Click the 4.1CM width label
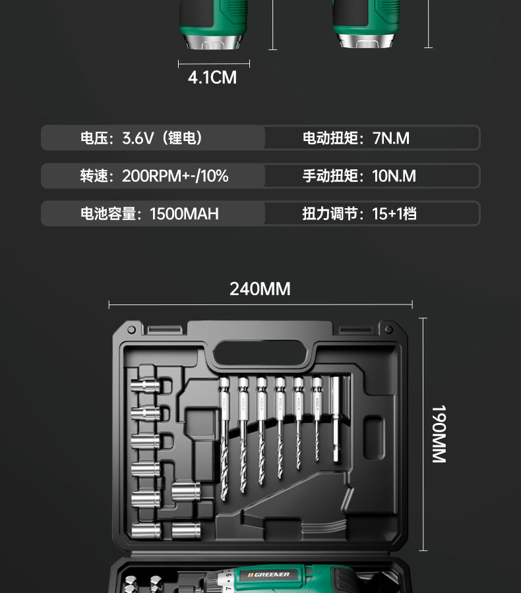(212, 78)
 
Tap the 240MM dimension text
(260, 289)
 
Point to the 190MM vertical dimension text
(439, 434)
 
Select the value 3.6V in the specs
(138, 138)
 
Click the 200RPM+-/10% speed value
(175, 176)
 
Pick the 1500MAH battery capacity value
(184, 213)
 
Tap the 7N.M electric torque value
(391, 138)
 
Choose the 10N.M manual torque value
(394, 176)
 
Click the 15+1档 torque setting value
(394, 213)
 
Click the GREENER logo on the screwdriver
(268, 575)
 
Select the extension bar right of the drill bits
(337, 422)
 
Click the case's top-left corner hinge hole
(131, 329)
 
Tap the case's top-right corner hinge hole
(394, 329)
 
